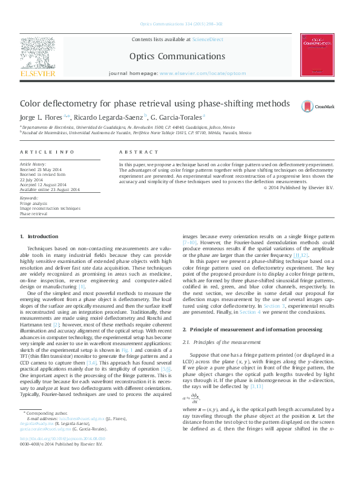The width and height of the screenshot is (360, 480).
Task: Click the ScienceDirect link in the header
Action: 208,39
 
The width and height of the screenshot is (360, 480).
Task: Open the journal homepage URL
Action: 203,73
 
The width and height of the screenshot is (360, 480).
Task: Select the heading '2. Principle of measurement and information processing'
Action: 252,329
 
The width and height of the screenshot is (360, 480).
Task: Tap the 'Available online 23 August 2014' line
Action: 50,189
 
